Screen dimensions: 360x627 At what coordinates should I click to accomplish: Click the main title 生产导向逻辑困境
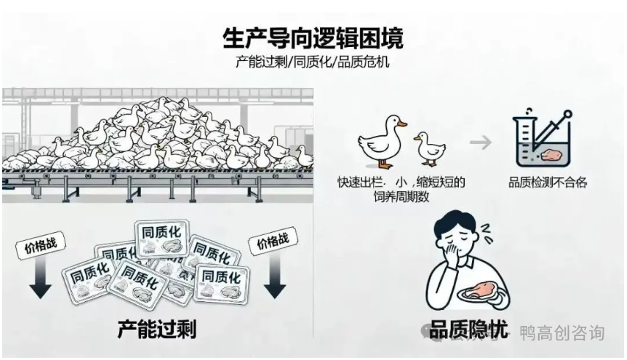313,36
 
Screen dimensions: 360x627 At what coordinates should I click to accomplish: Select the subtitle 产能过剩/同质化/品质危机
313,62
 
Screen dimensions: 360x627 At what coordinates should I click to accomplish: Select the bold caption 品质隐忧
468,330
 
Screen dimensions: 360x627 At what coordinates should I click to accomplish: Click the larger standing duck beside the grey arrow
384,140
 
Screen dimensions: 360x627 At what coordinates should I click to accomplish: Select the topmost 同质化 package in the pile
160,237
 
